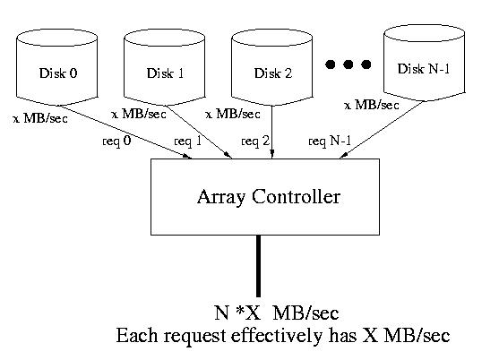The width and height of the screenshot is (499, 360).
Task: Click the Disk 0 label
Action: [x=58, y=73]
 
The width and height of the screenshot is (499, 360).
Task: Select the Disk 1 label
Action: [x=165, y=73]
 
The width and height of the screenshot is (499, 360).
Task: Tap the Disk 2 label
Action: [x=273, y=73]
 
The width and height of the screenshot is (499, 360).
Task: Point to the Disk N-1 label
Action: [x=424, y=69]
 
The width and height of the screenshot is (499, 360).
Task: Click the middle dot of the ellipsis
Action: [x=348, y=64]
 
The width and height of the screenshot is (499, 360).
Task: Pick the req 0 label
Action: [x=116, y=141]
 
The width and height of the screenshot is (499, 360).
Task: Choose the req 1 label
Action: [x=188, y=141]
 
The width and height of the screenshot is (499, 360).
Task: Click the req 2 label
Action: [x=255, y=141]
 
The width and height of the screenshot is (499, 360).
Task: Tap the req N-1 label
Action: [x=330, y=141]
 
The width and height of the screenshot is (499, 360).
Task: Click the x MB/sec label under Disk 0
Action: [x=40, y=118]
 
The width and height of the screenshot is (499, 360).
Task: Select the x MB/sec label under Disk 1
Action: [x=139, y=114]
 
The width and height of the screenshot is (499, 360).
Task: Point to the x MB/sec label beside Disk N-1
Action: [x=372, y=105]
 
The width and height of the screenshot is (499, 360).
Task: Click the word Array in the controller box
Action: [x=221, y=197]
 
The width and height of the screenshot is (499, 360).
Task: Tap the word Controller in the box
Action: [x=296, y=196]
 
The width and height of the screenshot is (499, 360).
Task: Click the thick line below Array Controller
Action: [x=258, y=266]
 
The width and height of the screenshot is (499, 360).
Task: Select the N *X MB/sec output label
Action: [x=277, y=313]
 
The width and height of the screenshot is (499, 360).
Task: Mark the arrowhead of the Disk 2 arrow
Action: [x=272, y=154]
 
